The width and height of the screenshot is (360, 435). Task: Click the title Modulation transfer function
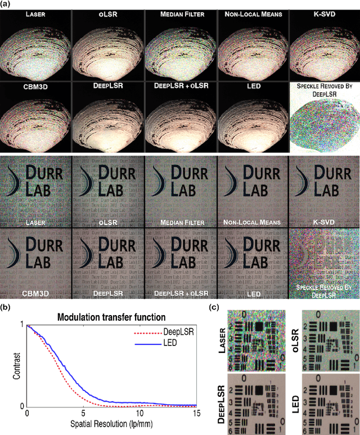tap(110, 317)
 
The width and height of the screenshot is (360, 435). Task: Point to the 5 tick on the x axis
tap(83, 414)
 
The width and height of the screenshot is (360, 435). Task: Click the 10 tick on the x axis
tap(139, 414)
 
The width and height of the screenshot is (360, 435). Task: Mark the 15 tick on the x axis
tap(196, 414)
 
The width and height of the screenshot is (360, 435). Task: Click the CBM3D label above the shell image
tap(35, 87)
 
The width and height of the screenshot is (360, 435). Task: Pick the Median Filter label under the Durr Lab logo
tap(180, 223)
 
